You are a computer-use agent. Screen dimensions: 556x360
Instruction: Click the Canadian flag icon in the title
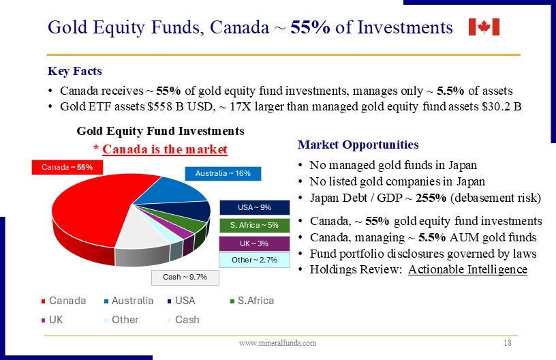(x=484, y=27)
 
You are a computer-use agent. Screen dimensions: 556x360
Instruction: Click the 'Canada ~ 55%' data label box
(x=67, y=168)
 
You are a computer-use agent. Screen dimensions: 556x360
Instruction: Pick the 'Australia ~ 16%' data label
(x=223, y=173)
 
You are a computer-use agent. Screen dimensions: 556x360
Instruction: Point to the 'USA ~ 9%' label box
(x=255, y=207)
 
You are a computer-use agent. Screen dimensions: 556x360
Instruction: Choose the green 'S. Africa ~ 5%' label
(x=255, y=225)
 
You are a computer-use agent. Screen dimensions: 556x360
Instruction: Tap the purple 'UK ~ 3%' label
(x=255, y=243)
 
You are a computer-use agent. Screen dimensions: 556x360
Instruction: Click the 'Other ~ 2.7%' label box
(x=255, y=260)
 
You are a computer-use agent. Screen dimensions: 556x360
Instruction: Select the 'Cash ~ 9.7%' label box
(x=185, y=277)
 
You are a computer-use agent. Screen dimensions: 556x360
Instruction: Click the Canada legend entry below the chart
(x=64, y=301)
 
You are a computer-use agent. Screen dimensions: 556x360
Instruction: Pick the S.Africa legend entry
(x=252, y=301)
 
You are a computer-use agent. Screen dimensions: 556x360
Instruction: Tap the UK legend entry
(x=52, y=320)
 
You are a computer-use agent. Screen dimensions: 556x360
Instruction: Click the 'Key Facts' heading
(x=75, y=71)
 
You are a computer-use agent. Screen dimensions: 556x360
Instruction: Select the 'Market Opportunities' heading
(x=358, y=145)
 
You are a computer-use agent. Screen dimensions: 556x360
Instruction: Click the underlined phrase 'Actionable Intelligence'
(x=467, y=269)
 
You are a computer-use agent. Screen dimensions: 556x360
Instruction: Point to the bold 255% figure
(x=431, y=198)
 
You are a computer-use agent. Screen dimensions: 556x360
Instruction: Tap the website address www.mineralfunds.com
(x=277, y=343)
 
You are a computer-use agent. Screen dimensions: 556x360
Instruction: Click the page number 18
(x=508, y=343)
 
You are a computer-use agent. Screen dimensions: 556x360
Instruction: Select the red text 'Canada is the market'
(x=165, y=149)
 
